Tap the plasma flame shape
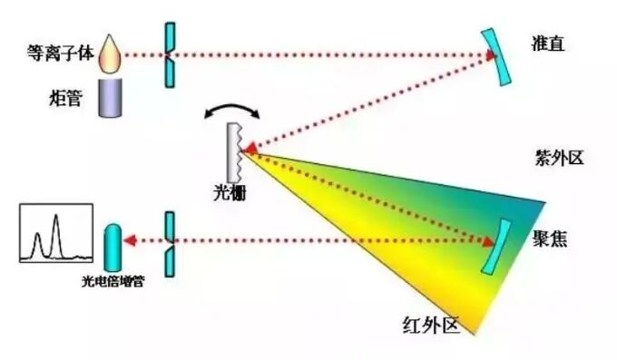[x=111, y=55]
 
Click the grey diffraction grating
[x=234, y=149]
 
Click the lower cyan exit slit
[x=169, y=242]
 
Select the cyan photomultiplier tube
[x=113, y=244]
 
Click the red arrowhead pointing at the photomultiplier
[x=129, y=242]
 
